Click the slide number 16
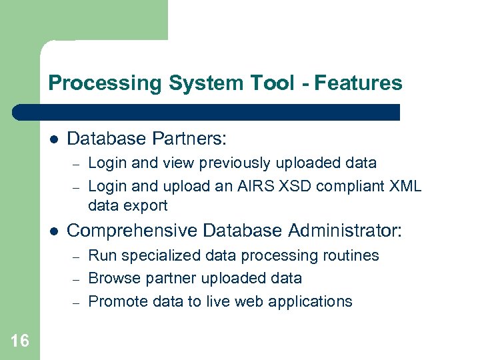[x=19, y=341]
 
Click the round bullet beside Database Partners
[x=54, y=139]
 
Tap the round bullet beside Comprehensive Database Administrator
[x=54, y=231]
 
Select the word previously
[x=230, y=163]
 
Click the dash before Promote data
[x=77, y=302]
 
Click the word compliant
[x=345, y=186]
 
